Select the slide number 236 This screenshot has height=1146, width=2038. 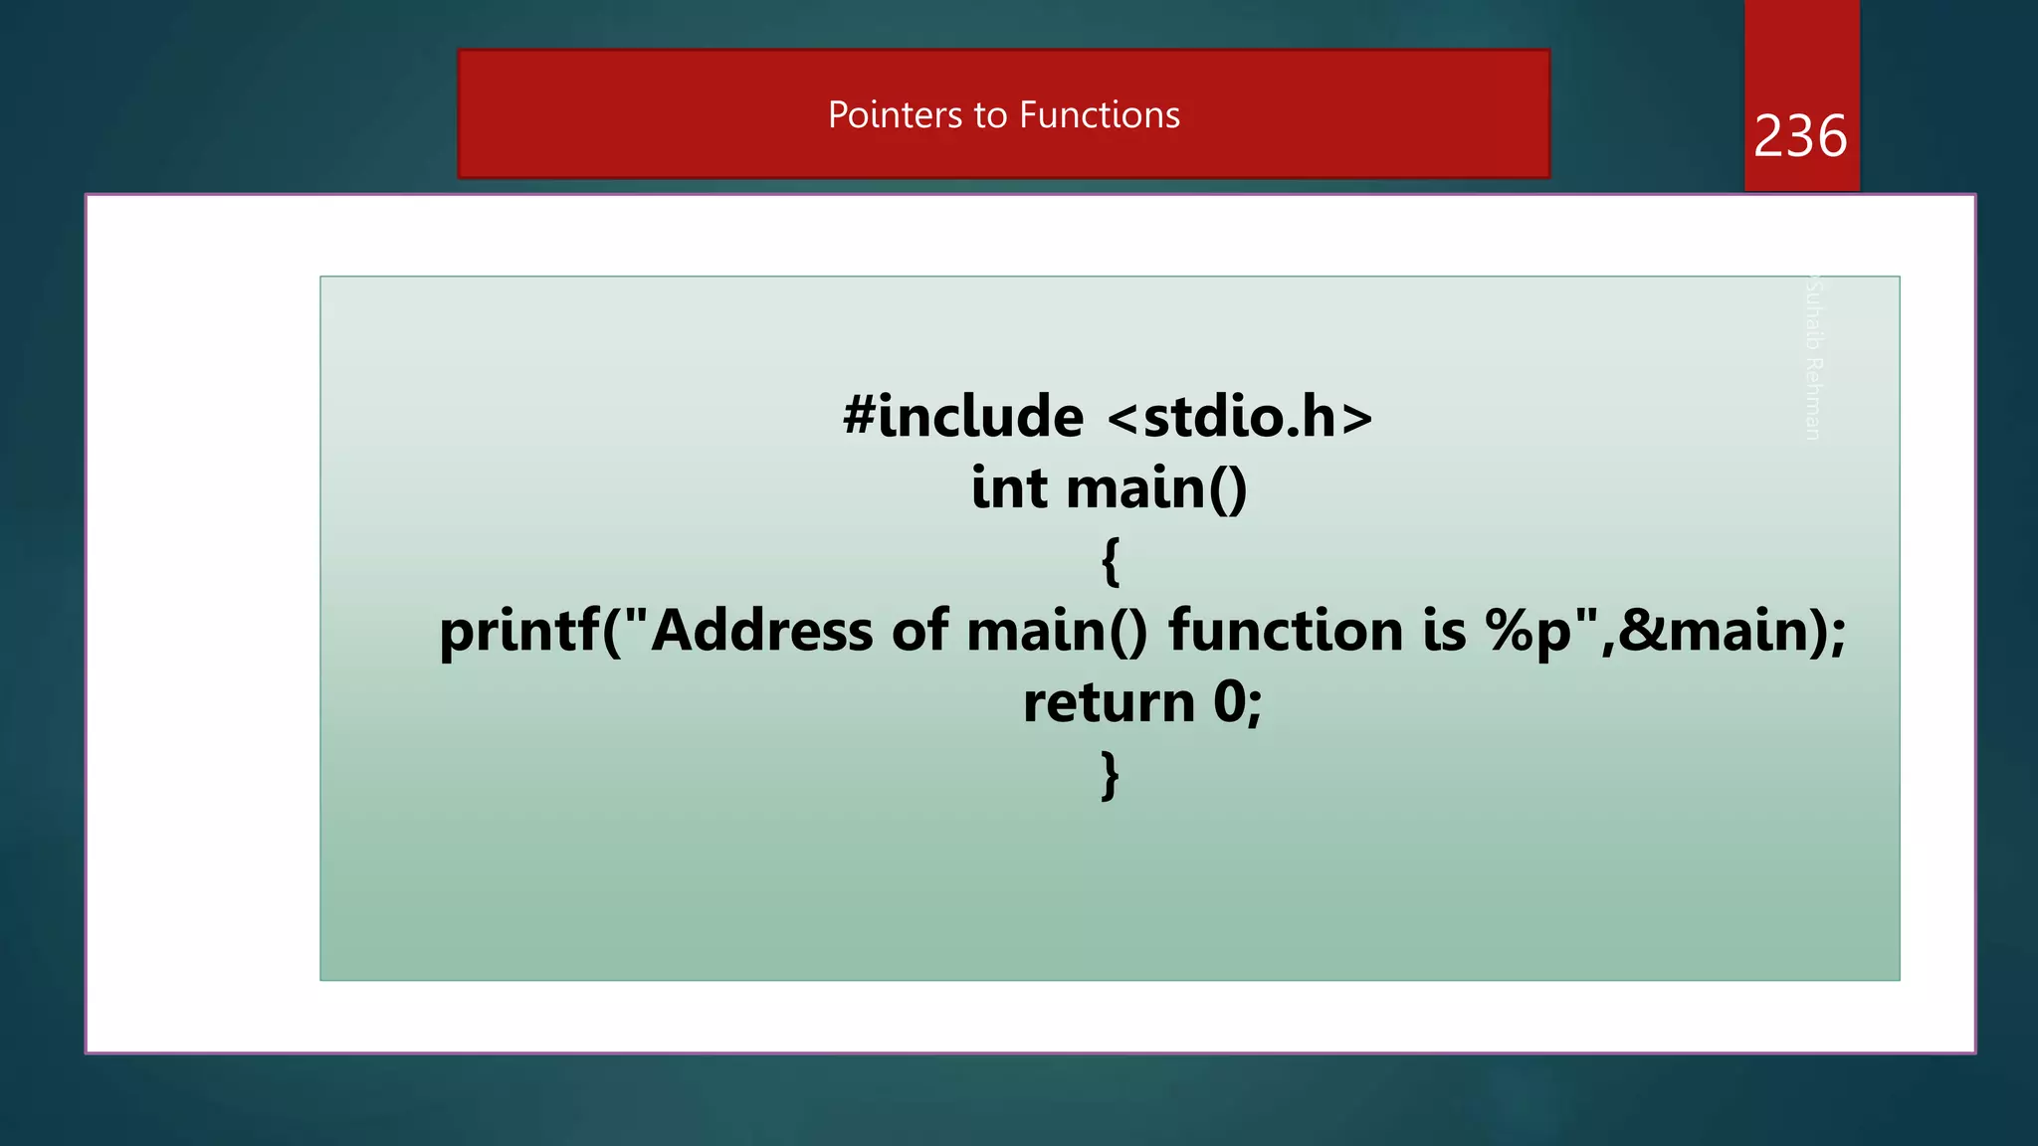tap(1800, 136)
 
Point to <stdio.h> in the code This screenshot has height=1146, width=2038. tap(1240, 416)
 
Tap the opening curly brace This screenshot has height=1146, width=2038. tap(1111, 560)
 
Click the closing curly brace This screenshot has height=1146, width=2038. tap(1111, 775)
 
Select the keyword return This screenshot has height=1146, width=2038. tap(1109, 702)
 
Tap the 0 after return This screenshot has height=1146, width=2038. tap(1229, 702)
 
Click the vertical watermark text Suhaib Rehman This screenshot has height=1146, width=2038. tap(1813, 358)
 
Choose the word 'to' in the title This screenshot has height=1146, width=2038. tap(991, 115)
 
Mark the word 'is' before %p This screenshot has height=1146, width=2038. tap(1444, 631)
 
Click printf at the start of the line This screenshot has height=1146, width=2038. tap(519, 631)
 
